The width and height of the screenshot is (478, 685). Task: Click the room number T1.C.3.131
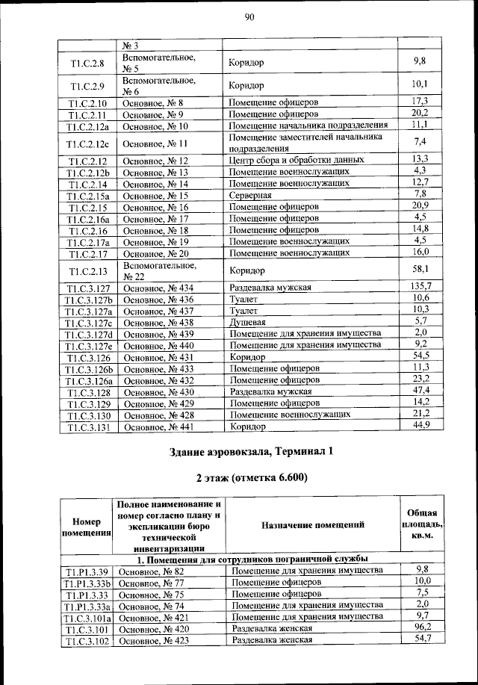[89, 427]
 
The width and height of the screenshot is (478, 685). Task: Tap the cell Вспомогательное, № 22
[158, 270]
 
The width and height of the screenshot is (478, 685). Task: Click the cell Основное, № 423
[154, 641]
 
